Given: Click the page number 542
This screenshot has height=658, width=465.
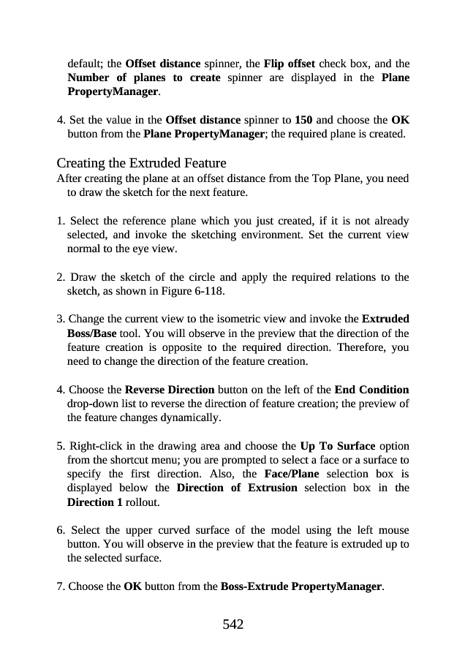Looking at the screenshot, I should [232, 624].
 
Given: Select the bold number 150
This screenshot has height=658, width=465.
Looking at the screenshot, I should [304, 120].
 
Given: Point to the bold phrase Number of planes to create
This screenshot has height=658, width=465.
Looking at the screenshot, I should [143, 77].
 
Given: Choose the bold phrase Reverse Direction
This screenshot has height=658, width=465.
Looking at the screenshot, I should [170, 390].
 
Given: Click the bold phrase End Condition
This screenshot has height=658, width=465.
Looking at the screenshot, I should [371, 390].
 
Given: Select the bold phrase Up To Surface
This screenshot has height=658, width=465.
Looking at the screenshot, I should [338, 445].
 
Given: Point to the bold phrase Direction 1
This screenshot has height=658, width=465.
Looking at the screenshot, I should [94, 503].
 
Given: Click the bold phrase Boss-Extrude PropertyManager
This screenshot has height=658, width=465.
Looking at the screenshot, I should [301, 586].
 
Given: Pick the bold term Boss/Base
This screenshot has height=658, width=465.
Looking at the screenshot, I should [91, 333].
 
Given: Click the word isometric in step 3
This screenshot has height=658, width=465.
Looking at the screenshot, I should [249, 319].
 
